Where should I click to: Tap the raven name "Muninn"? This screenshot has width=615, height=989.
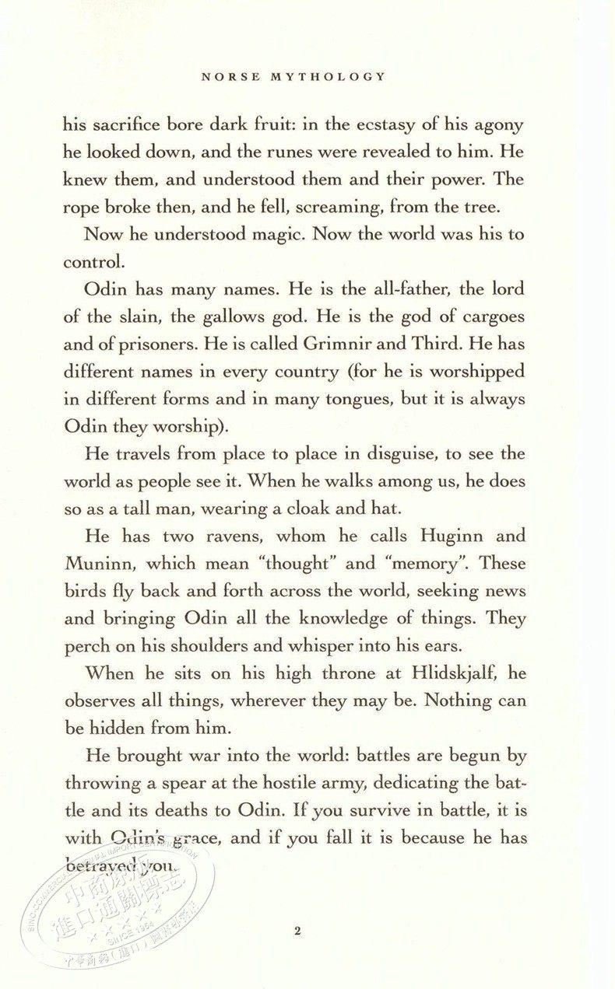(x=101, y=564)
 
